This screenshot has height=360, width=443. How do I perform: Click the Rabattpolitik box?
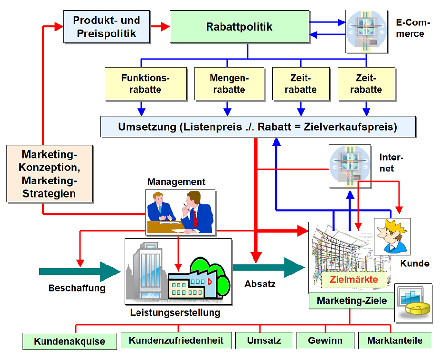pos(239,27)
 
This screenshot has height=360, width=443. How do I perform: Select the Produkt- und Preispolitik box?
pos(106,27)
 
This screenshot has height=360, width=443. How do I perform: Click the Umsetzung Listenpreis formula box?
pos(258,127)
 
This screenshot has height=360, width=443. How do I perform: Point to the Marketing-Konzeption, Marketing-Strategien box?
pos(49,173)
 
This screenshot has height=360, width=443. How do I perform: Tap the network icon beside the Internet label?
pos(350,166)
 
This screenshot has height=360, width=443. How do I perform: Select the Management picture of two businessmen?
pos(180,212)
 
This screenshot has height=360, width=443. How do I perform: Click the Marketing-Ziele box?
pos(352,301)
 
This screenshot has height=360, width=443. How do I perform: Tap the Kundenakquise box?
pos(70,341)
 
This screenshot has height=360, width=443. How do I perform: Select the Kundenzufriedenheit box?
pos(176,340)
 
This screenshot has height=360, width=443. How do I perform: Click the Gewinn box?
pos(325,340)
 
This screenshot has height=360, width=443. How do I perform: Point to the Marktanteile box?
pos(395,340)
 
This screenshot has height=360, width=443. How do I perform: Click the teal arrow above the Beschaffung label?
pos(79,271)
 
